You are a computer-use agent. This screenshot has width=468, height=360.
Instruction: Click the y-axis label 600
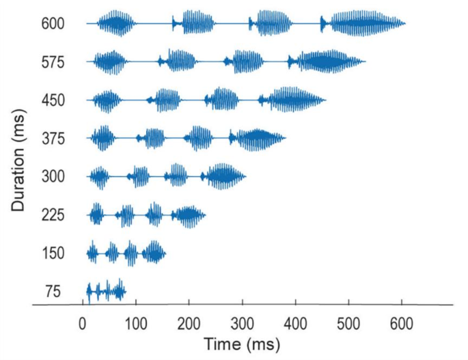click(52, 24)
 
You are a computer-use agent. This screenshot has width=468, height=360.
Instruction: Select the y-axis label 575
click(52, 62)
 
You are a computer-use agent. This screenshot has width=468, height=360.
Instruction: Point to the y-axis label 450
click(52, 100)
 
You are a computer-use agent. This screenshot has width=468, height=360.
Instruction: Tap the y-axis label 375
click(52, 139)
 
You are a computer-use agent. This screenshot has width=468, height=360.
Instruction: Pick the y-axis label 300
click(52, 177)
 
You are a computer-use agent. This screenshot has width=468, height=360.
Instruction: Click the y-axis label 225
click(52, 215)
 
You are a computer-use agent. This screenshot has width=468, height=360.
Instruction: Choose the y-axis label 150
click(52, 253)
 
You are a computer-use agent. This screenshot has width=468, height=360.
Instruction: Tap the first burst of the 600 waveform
click(115, 24)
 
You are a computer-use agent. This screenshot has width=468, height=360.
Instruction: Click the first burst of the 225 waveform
click(96, 215)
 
